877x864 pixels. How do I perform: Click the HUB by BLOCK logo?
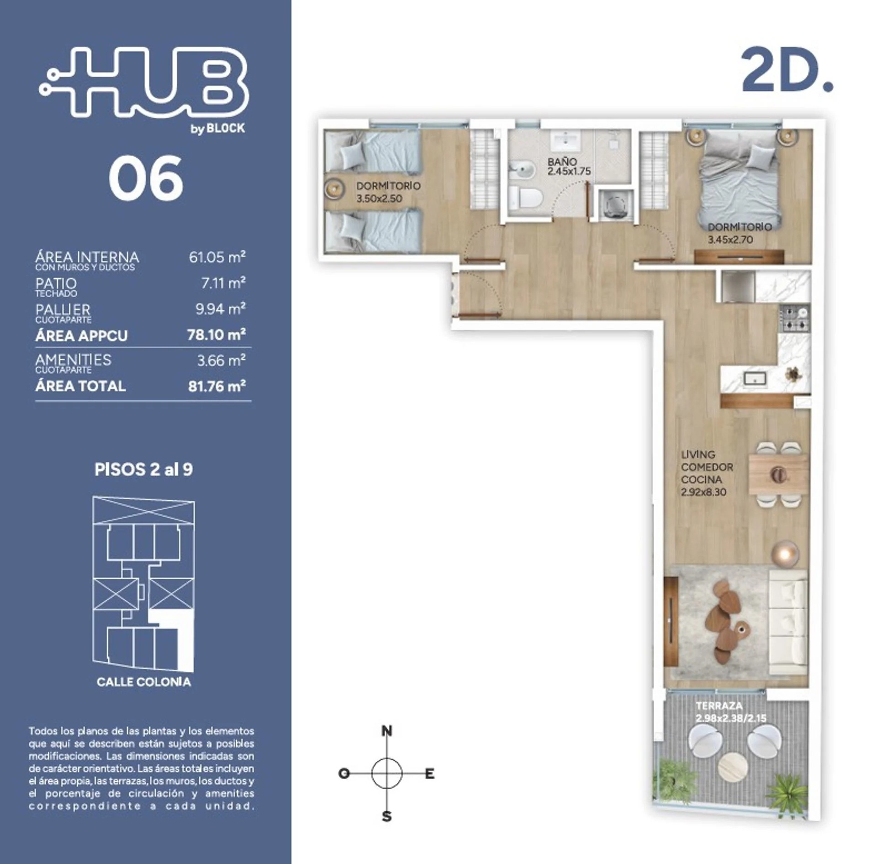click(x=144, y=89)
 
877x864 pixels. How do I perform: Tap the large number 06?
click(x=146, y=178)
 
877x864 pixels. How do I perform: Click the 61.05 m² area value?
click(x=217, y=257)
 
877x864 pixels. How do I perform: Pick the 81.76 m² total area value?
click(x=217, y=386)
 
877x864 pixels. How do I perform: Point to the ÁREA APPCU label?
click(x=81, y=336)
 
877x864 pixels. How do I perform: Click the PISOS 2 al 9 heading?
click(x=143, y=469)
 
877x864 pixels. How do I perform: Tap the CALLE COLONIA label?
click(x=144, y=682)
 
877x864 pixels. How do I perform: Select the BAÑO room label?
click(x=562, y=162)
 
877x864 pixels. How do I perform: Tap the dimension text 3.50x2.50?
click(x=379, y=199)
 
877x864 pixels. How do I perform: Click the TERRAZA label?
click(x=719, y=706)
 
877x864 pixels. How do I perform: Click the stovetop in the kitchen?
click(x=795, y=318)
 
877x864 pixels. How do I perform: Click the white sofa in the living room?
click(x=788, y=622)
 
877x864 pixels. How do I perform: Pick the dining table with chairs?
click(x=778, y=474)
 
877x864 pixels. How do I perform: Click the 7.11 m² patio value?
click(x=223, y=283)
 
